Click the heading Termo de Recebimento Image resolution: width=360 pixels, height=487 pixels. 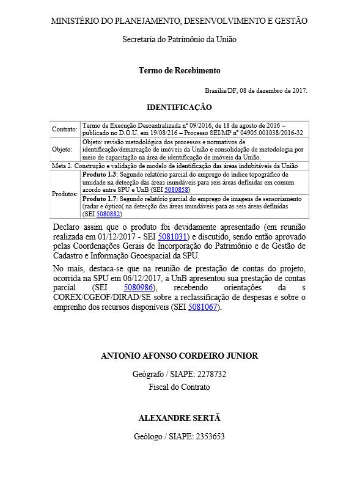click(x=179, y=70)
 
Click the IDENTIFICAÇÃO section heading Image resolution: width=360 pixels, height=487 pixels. click(x=179, y=107)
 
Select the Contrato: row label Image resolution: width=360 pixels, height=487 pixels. click(x=64, y=130)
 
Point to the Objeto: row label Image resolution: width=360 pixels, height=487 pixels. click(x=62, y=148)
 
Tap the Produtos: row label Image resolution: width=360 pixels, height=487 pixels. click(x=65, y=194)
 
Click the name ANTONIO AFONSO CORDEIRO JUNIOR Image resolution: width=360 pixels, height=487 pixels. click(x=179, y=356)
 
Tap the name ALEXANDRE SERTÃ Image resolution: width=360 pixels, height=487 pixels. click(x=179, y=418)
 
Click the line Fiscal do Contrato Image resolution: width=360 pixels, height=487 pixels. click(x=179, y=387)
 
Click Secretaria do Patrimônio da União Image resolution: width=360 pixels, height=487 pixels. click(x=179, y=39)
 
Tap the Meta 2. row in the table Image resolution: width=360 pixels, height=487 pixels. click(x=179, y=166)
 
